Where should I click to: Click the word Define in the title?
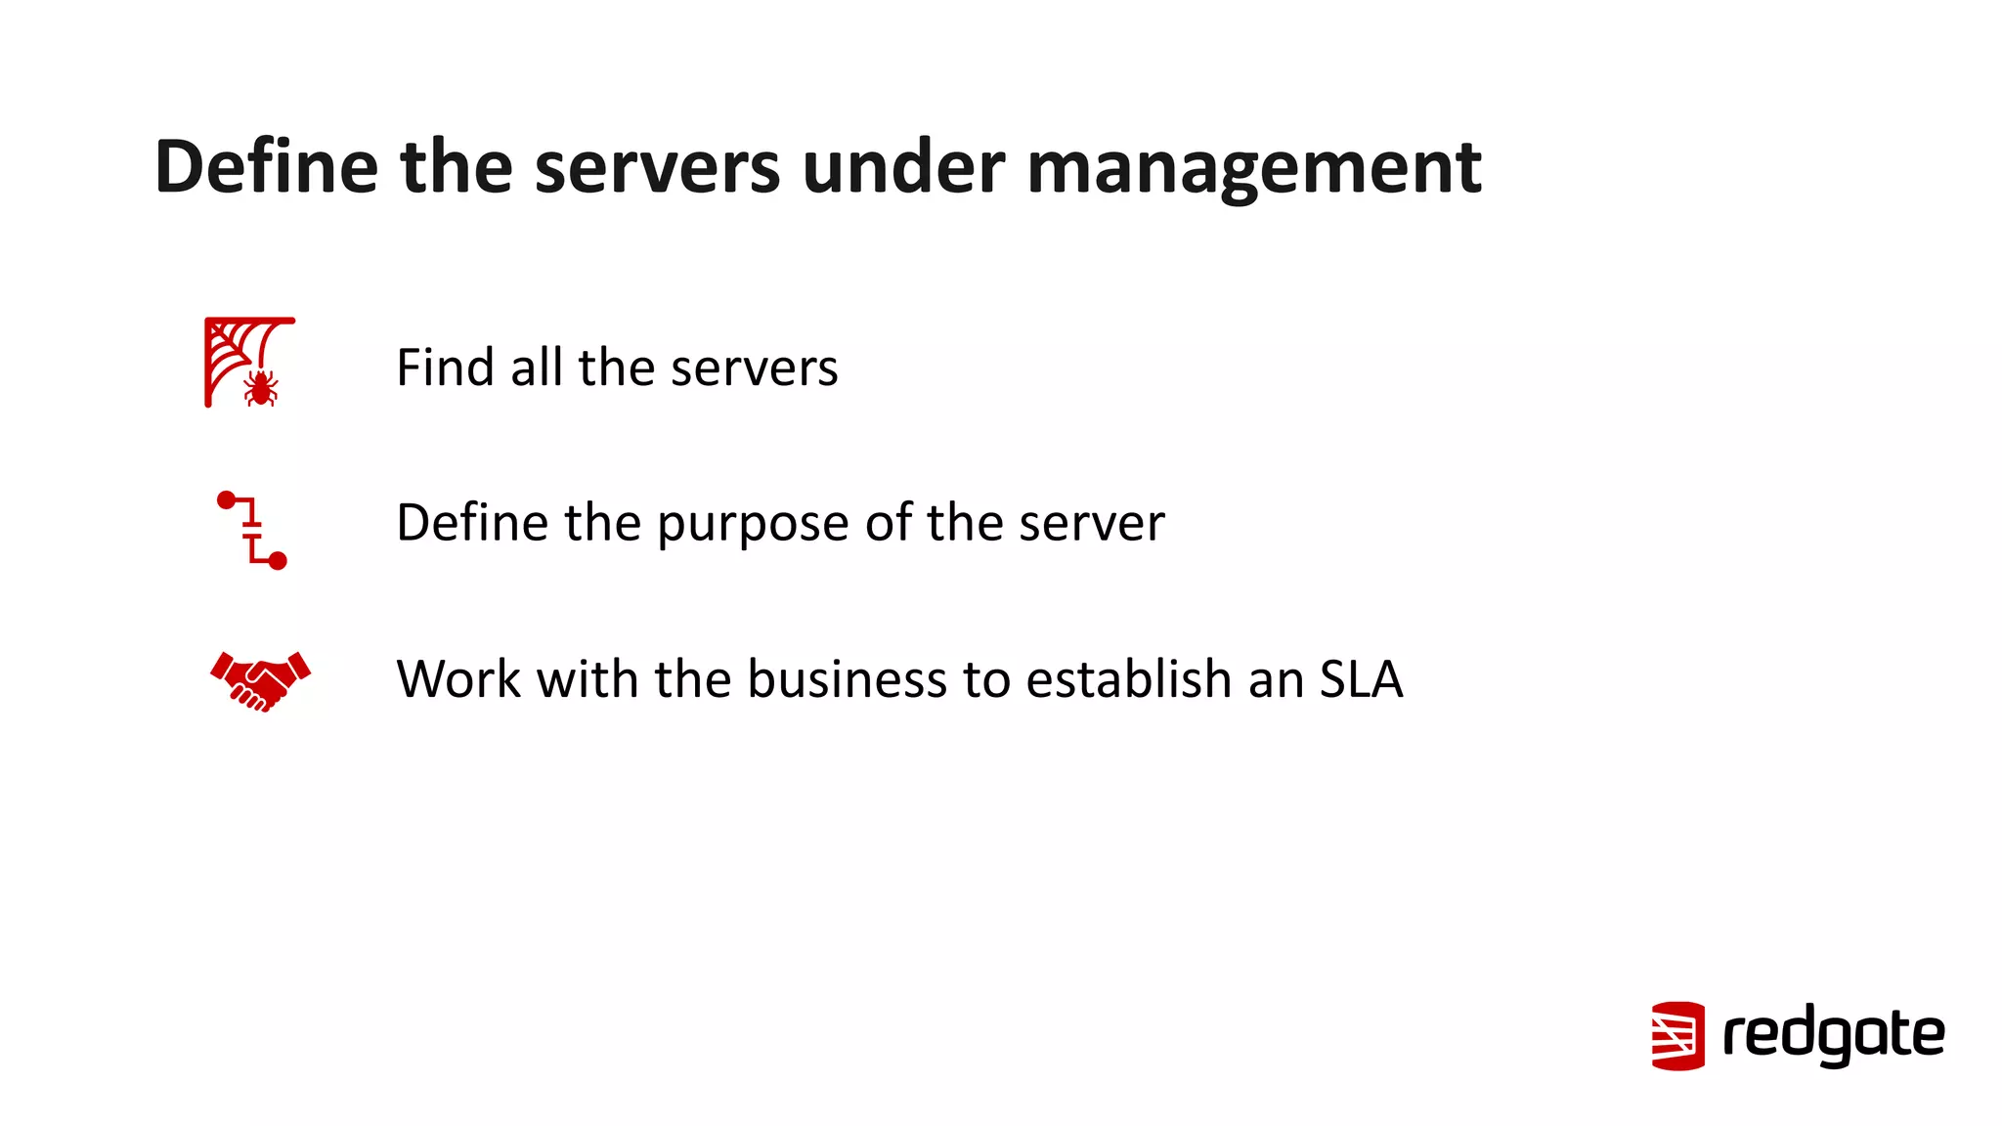coord(266,166)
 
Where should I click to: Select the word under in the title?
coord(902,166)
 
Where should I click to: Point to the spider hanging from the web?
coord(260,387)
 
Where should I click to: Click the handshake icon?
coord(260,680)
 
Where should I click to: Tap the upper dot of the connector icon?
coord(227,500)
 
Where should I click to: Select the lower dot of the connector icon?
coord(278,560)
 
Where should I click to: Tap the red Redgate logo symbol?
coord(1677,1035)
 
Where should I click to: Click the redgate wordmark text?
coord(1833,1035)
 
